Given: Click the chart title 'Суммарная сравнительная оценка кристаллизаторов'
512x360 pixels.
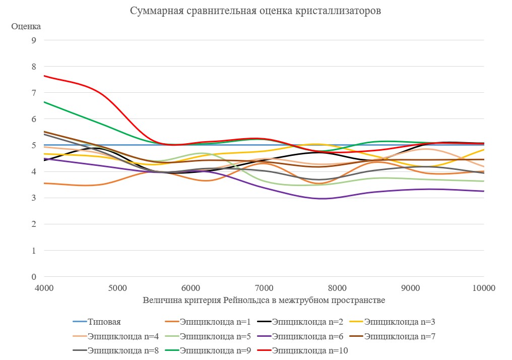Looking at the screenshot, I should coord(255,11).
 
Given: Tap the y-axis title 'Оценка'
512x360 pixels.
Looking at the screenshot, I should coord(26,26).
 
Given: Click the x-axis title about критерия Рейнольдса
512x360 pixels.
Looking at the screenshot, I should coord(264,301).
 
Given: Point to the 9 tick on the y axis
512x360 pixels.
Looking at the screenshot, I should coord(34,40).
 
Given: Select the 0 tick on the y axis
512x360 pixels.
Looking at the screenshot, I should coord(34,277).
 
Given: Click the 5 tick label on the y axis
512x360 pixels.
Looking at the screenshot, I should coord(34,145).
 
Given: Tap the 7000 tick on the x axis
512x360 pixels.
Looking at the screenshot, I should coord(264,288).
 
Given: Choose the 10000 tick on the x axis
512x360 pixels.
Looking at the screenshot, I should coord(483,288).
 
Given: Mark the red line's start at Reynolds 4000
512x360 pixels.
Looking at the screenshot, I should coord(44,76).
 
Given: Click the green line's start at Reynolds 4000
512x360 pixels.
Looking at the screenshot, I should coord(44,102).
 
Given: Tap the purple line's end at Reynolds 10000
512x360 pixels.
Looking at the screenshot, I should coord(483,191).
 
